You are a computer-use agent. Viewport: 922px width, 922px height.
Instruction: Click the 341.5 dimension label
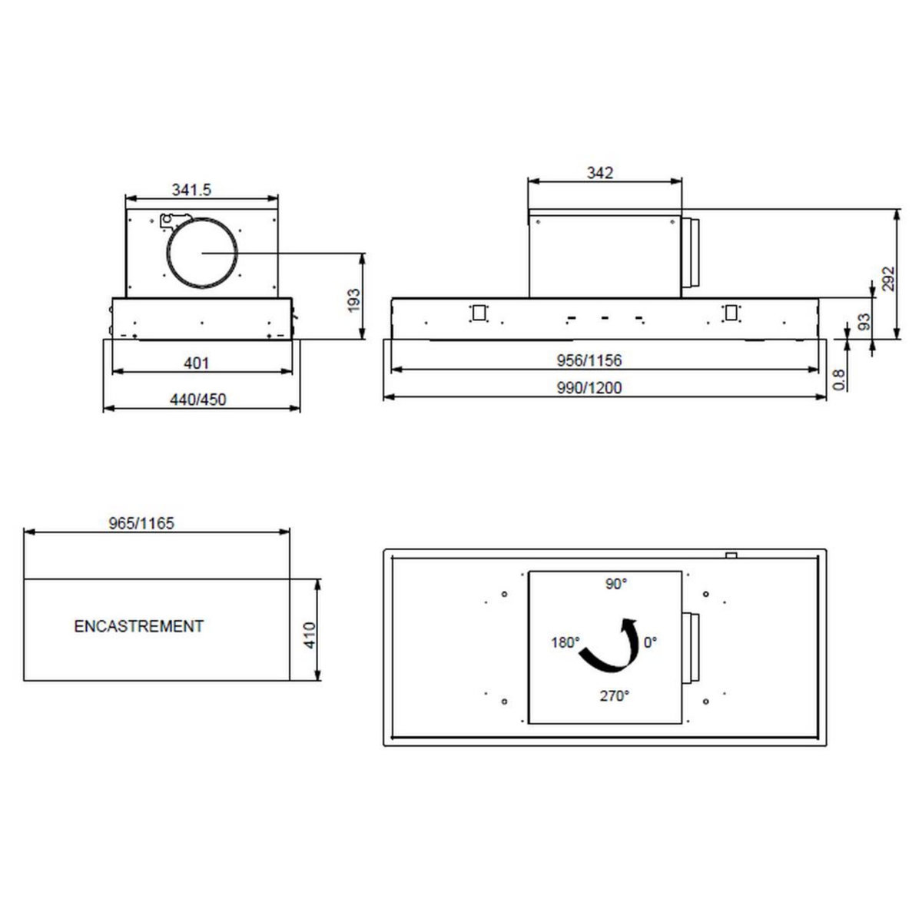191,190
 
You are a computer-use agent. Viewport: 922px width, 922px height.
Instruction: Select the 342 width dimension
599,173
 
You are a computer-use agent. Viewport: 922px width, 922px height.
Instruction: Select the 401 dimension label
197,363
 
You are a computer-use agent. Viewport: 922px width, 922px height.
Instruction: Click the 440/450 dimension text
197,399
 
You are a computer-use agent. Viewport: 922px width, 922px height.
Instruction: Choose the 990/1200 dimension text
589,388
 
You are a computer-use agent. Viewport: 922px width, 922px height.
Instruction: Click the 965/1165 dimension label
142,523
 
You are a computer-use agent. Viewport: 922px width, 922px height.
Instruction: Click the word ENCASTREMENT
139,626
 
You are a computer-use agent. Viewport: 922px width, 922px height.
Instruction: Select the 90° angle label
615,584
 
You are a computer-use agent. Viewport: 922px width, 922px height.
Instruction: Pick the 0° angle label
651,642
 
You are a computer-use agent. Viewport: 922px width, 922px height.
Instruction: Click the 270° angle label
614,696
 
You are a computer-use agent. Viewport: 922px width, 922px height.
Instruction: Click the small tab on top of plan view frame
731,555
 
